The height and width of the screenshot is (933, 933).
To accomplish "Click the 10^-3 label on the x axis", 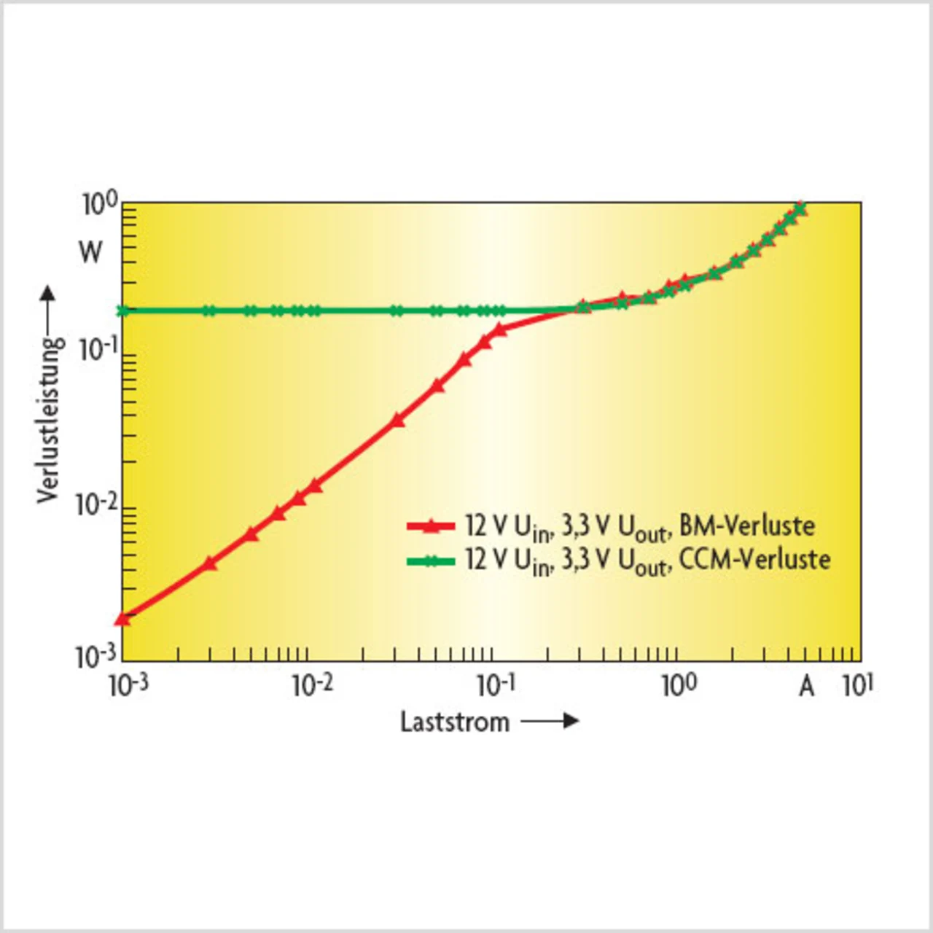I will point(128,685).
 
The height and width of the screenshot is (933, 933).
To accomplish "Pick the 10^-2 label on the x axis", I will point(312,685).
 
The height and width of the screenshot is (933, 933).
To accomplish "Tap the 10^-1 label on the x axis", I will point(496,685).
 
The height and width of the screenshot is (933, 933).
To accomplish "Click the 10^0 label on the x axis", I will point(679,685).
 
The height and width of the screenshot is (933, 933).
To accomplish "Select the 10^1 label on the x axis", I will point(857,685).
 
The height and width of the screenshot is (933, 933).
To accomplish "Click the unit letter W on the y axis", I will point(90,252).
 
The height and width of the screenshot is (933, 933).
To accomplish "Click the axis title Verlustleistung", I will point(50,419).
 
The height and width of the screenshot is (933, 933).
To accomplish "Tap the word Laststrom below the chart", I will point(455,722).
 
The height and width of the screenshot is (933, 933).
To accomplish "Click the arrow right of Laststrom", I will point(550,722).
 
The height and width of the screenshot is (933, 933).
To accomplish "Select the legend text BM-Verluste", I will point(747,526).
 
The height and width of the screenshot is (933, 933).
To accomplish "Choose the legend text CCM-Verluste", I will point(754,560).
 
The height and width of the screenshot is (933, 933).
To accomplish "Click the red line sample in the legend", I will point(431,525).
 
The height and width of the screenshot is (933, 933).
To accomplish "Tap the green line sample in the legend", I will point(431,560).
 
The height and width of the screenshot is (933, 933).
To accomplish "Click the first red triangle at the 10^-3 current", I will point(122,619).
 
